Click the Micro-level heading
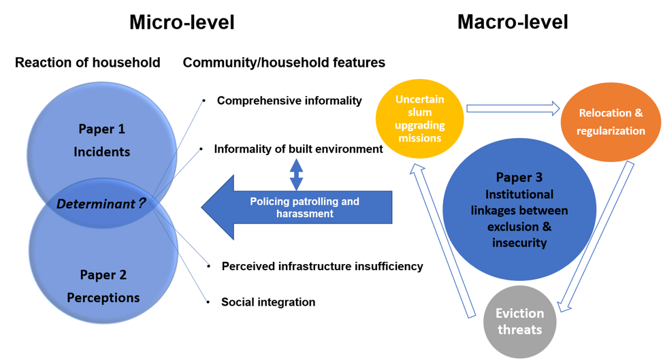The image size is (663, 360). tap(182, 22)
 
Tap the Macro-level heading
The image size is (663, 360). tap(513, 22)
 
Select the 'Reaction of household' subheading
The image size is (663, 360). tap(88, 63)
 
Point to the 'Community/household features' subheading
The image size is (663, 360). tap(284, 63)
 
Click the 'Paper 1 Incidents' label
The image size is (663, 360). tap(102, 140)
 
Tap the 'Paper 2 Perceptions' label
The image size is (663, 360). tap(103, 287)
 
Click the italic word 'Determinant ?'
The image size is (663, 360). tap(101, 203)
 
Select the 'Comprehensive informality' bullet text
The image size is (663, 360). tap(289, 101)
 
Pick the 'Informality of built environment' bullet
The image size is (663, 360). tap(298, 149)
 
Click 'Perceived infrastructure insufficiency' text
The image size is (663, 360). tap(322, 266)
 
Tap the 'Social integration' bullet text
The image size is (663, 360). tap(268, 301)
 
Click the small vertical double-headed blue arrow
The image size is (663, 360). tap(296, 174)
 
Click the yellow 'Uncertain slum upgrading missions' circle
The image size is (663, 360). tap(419, 118)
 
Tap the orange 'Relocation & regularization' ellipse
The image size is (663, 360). tap(611, 122)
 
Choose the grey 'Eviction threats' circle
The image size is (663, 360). tap(519, 322)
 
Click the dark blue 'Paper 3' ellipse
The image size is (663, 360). tap(519, 210)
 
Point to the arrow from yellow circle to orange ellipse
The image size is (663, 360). tap(512, 108)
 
